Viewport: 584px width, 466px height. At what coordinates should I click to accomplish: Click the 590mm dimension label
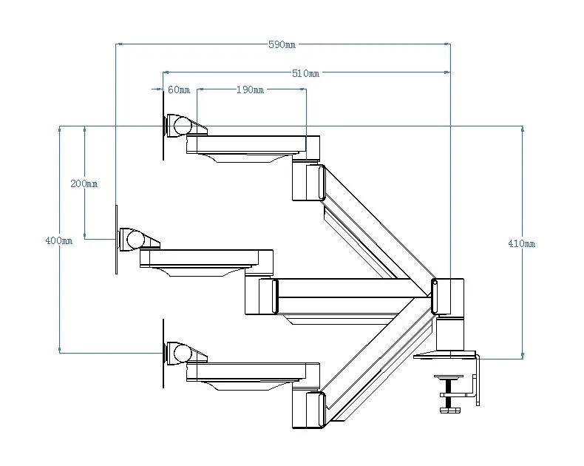[282, 44]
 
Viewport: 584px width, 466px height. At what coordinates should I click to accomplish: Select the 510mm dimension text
[305, 73]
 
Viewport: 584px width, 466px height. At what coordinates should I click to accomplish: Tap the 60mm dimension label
[179, 90]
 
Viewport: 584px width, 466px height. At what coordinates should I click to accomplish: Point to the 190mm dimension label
[250, 90]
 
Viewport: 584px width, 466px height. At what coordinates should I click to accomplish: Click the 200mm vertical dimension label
[84, 183]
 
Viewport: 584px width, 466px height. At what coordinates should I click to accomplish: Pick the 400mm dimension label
[59, 240]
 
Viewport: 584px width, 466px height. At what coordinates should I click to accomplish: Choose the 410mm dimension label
[521, 243]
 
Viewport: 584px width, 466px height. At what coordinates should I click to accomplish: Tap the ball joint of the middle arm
[135, 240]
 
